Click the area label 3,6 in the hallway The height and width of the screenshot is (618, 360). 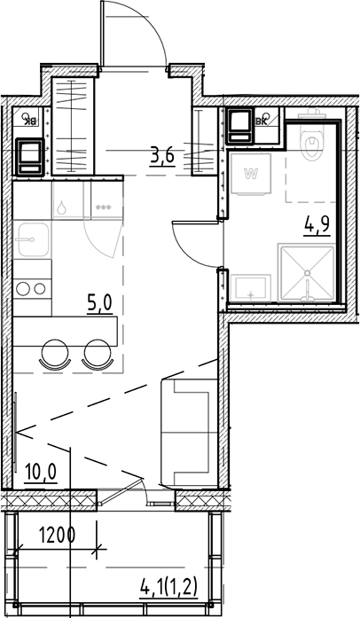[x=161, y=156]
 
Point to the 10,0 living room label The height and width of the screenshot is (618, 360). [x=39, y=470]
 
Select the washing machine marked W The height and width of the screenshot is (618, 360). [x=252, y=174]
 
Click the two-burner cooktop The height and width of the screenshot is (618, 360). [x=33, y=288]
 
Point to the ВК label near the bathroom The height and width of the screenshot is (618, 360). [x=262, y=122]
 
